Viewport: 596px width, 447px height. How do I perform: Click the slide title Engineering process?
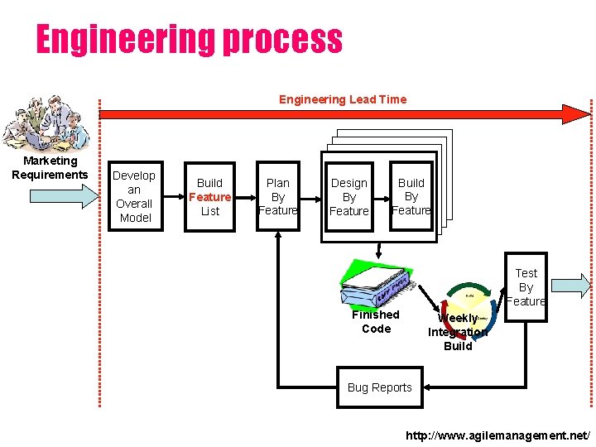coord(189,40)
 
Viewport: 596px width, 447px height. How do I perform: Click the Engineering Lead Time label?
coord(343,99)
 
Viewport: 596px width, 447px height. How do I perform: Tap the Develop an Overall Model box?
coord(134,197)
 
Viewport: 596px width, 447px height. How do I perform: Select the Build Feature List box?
coord(209,197)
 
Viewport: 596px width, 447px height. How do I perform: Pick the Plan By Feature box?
coord(278,197)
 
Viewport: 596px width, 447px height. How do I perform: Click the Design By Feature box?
coord(349,197)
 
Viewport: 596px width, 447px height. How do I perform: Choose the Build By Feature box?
coord(411,197)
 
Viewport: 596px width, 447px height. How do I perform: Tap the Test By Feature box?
coord(526,287)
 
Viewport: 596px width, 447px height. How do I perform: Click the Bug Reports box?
coord(380,387)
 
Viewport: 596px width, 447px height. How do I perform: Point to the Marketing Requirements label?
coord(50,168)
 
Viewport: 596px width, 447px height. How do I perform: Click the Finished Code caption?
coord(376,321)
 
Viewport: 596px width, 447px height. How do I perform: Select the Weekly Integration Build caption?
coord(458,332)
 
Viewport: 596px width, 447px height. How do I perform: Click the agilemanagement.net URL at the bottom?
coord(498,435)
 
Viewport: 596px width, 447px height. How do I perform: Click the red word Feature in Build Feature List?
coord(209,197)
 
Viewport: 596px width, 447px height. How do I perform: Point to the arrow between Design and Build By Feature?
coord(382,197)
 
